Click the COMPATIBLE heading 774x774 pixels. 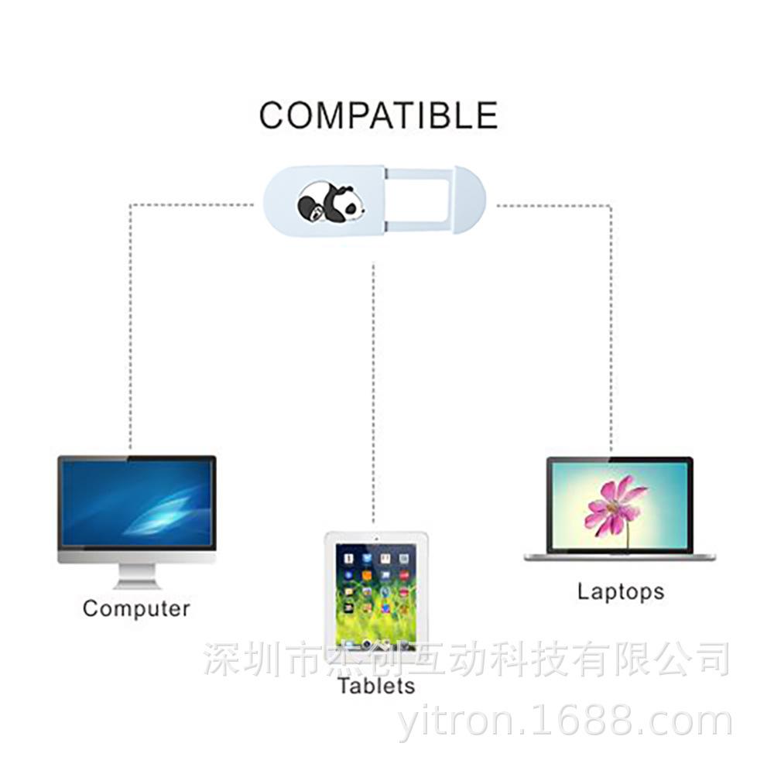[378, 115]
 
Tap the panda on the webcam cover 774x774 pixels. [330, 203]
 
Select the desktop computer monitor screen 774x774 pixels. [137, 502]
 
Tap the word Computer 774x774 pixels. [136, 608]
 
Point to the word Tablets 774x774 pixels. [376, 686]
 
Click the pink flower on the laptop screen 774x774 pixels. [615, 505]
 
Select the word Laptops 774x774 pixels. [621, 592]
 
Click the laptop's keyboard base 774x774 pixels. [619, 557]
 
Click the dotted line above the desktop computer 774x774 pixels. [130, 325]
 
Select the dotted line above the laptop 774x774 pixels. [611, 325]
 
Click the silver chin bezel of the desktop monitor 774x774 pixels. [137, 557]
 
